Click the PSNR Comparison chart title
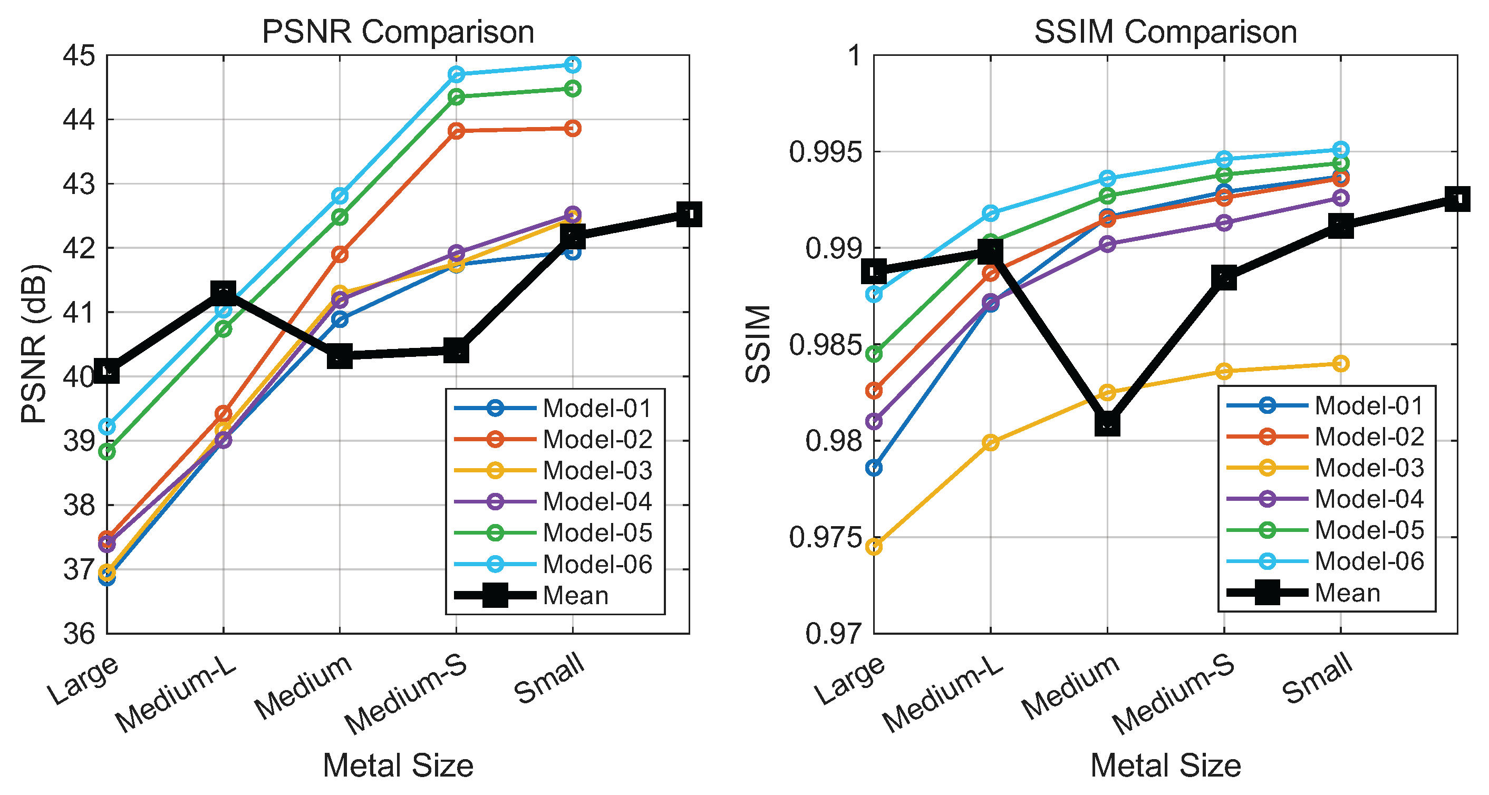(x=398, y=32)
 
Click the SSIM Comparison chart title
(x=1165, y=32)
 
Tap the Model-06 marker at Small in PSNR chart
(x=572, y=65)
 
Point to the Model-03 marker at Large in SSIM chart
(x=874, y=547)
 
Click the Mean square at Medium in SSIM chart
(x=1107, y=423)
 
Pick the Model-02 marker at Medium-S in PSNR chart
(x=456, y=131)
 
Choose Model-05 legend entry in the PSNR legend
(x=597, y=532)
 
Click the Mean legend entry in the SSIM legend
(x=1347, y=593)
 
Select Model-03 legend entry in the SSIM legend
(x=1369, y=468)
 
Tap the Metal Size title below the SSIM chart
(x=1165, y=765)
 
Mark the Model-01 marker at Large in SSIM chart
(x=874, y=468)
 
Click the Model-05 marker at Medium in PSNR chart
(x=340, y=217)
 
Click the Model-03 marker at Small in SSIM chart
(x=1341, y=363)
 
